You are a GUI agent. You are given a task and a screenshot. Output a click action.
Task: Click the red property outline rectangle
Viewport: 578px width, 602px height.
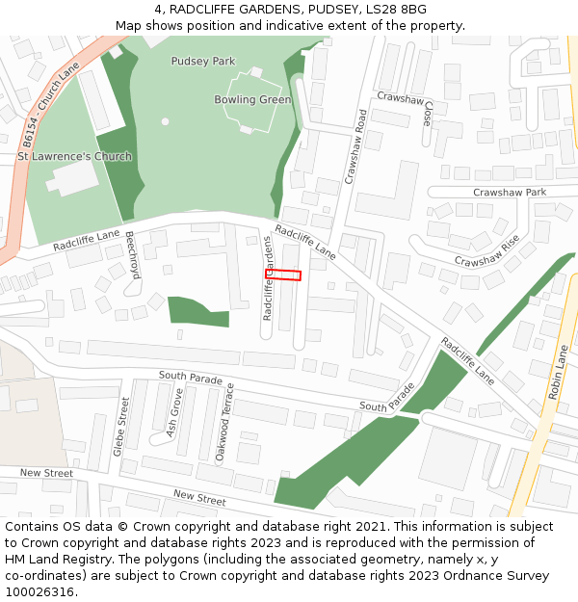click(x=283, y=275)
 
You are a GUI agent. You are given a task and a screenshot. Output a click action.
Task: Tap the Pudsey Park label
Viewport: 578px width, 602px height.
click(x=202, y=62)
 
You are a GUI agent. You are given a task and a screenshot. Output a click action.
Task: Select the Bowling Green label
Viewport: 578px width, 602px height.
click(x=252, y=99)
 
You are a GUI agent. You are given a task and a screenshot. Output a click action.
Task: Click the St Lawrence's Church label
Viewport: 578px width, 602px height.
click(x=74, y=156)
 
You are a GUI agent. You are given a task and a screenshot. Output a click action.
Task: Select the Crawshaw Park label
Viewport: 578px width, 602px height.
click(x=509, y=193)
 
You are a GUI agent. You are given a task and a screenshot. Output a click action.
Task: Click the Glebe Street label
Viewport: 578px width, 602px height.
click(x=120, y=427)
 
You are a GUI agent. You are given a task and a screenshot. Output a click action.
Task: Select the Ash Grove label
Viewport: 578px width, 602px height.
click(x=173, y=413)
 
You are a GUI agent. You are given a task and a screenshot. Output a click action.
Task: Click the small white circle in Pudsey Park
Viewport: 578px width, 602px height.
click(x=165, y=121)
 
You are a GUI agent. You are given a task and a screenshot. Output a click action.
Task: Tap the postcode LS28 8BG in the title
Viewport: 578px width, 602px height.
click(x=394, y=10)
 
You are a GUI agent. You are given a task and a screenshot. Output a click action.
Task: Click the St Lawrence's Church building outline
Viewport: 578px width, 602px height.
click(x=70, y=178)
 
